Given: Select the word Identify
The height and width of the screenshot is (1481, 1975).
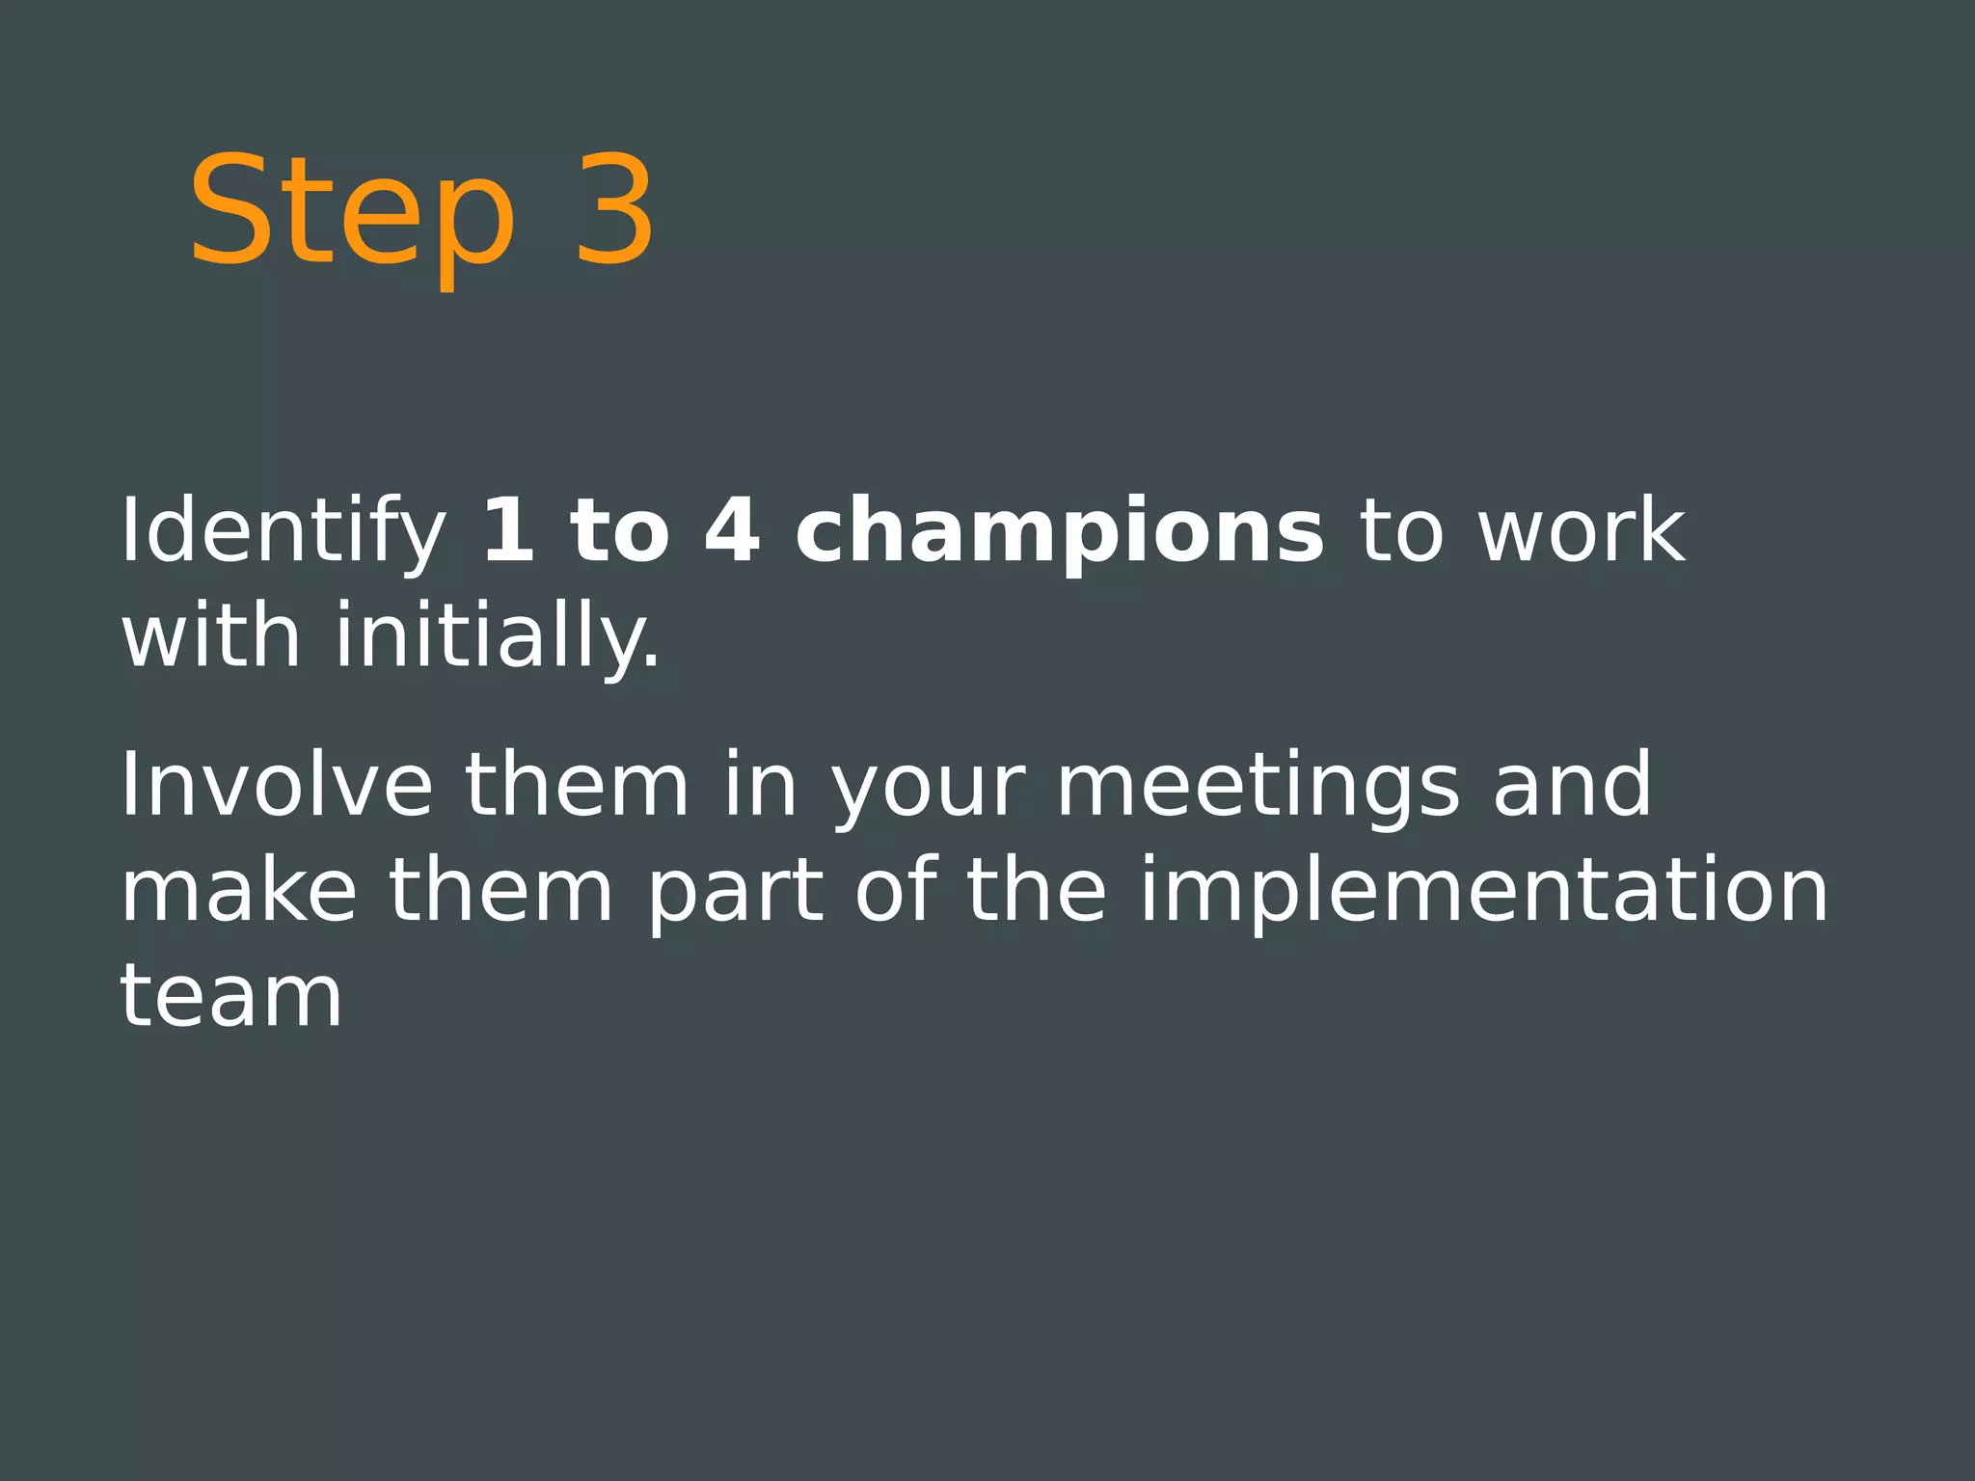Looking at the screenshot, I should pos(283,532).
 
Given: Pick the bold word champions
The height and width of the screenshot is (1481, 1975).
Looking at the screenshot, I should pos(1060,532).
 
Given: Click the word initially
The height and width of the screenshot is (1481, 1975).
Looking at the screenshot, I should pos(498,636).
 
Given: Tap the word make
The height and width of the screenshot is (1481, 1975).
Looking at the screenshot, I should pos(238,889).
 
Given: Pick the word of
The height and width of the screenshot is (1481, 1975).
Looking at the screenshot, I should pos(896,889).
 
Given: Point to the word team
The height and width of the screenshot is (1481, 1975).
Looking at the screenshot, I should pos(231,996).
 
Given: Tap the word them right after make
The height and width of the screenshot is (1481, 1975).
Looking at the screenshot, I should pos(501,889).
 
